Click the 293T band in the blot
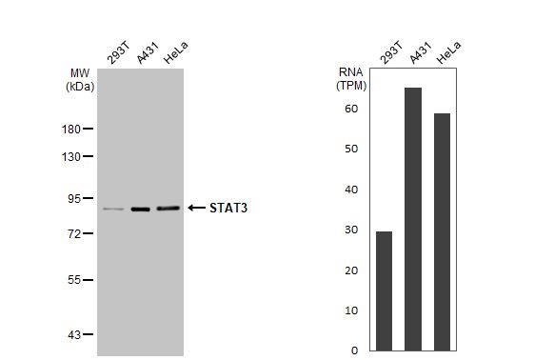[x=113, y=209]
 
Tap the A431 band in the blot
[x=141, y=209]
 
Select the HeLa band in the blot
[x=168, y=208]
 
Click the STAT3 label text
[x=228, y=208]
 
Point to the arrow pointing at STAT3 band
[x=196, y=208]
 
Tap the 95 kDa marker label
[x=71, y=198]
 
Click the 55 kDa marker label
[x=71, y=280]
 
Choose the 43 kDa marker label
[x=71, y=334]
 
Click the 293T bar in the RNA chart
[x=384, y=290]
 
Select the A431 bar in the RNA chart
[x=413, y=219]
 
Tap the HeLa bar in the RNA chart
[x=442, y=231]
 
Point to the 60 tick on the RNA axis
[x=351, y=109]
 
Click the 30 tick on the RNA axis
[x=351, y=230]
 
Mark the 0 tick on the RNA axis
[x=354, y=350]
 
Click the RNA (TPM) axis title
[x=351, y=78]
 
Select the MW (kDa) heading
[x=80, y=79]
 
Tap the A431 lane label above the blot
[x=145, y=55]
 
